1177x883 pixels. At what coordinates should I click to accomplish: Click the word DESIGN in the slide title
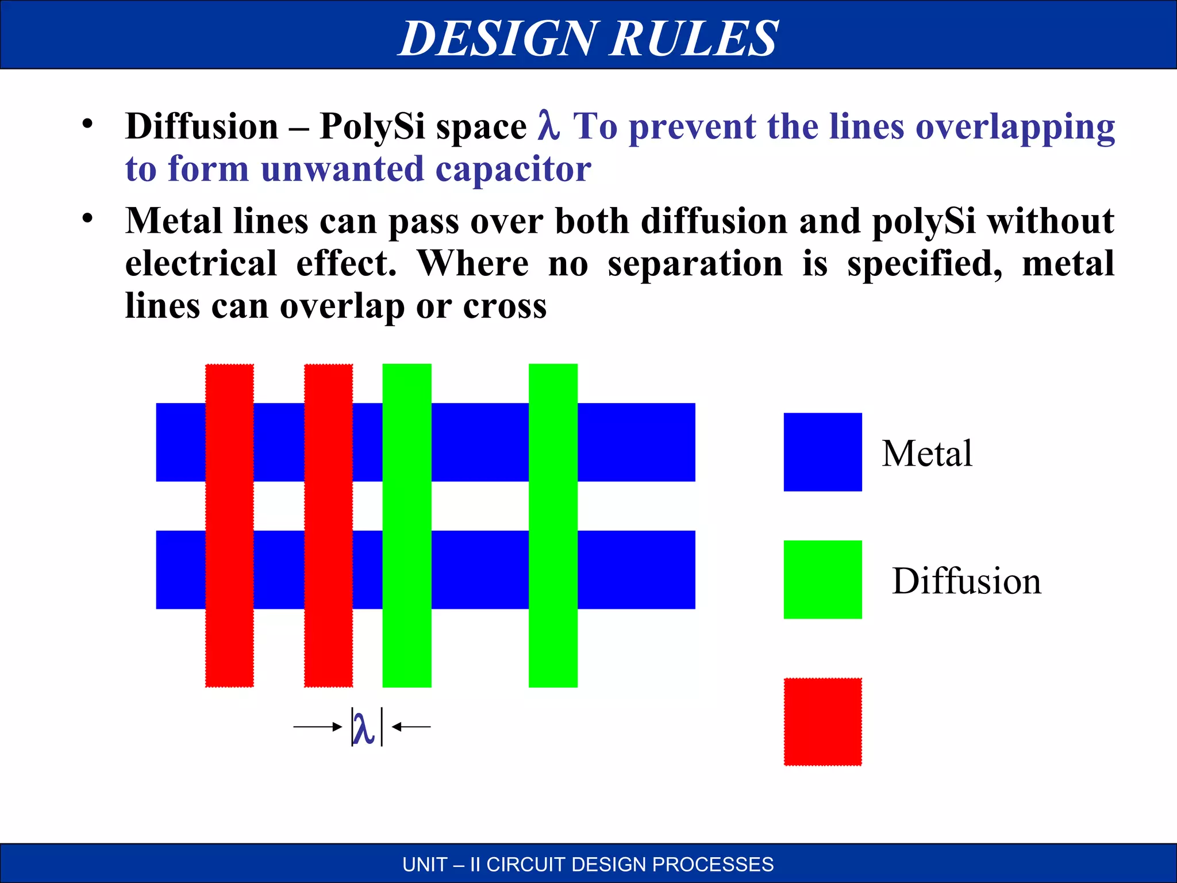point(498,39)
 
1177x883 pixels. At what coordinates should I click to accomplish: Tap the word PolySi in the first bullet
point(372,126)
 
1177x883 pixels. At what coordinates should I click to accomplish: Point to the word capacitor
point(513,169)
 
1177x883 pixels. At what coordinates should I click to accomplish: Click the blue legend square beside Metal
point(822,452)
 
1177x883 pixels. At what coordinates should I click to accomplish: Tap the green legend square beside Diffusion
point(822,579)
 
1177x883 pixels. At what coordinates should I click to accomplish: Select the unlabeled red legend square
point(822,722)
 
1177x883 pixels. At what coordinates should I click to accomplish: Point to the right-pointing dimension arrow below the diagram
point(318,727)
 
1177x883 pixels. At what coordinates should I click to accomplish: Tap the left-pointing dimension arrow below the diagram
point(411,727)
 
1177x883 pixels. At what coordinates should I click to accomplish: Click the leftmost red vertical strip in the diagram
point(229,525)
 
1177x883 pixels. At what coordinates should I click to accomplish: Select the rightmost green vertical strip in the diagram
point(553,525)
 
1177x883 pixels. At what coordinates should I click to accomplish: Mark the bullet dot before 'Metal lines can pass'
point(87,218)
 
